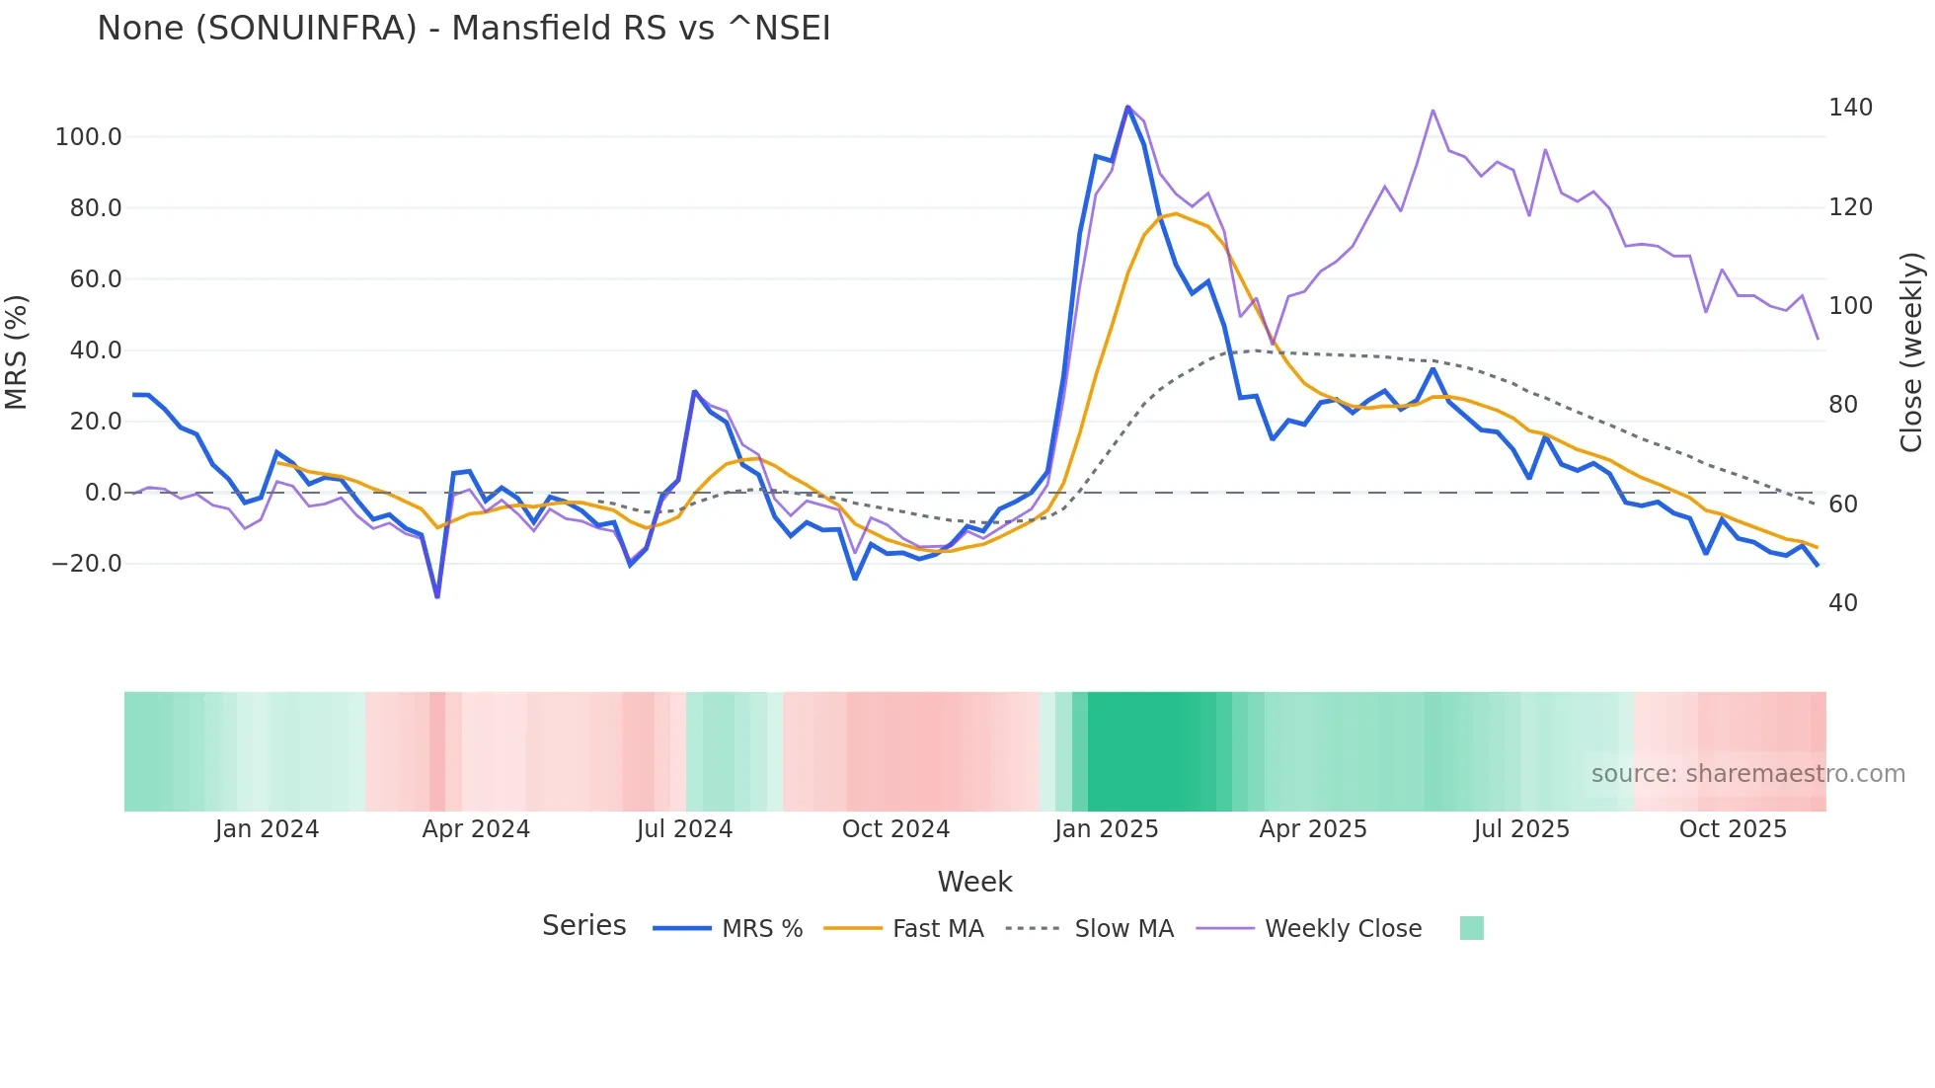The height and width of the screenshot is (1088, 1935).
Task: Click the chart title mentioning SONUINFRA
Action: coord(463,29)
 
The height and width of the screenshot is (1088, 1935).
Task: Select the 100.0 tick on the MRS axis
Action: coord(88,137)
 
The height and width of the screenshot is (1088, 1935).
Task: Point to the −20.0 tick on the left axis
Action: coord(86,564)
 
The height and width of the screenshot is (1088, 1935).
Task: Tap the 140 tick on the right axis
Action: coord(1849,108)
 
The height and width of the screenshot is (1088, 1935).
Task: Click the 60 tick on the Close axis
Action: coord(1842,505)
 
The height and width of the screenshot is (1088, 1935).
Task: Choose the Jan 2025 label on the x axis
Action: coord(1106,829)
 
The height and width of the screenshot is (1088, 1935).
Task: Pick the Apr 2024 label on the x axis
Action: coord(476,829)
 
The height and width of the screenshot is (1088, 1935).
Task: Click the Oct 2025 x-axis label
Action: coord(1733,829)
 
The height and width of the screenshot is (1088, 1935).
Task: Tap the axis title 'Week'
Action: coord(974,882)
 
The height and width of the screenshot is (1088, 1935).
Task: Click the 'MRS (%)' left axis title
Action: coord(17,351)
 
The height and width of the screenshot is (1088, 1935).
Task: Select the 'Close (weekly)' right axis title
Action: coord(1911,351)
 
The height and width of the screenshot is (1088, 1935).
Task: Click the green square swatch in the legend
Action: coord(1471,928)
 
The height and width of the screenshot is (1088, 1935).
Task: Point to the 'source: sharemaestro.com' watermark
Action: coord(1747,774)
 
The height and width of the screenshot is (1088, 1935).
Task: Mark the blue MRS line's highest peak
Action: coord(1127,107)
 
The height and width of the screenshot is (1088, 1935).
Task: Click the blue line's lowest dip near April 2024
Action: coord(437,596)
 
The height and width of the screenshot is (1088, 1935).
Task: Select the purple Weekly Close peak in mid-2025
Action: coord(1432,111)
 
